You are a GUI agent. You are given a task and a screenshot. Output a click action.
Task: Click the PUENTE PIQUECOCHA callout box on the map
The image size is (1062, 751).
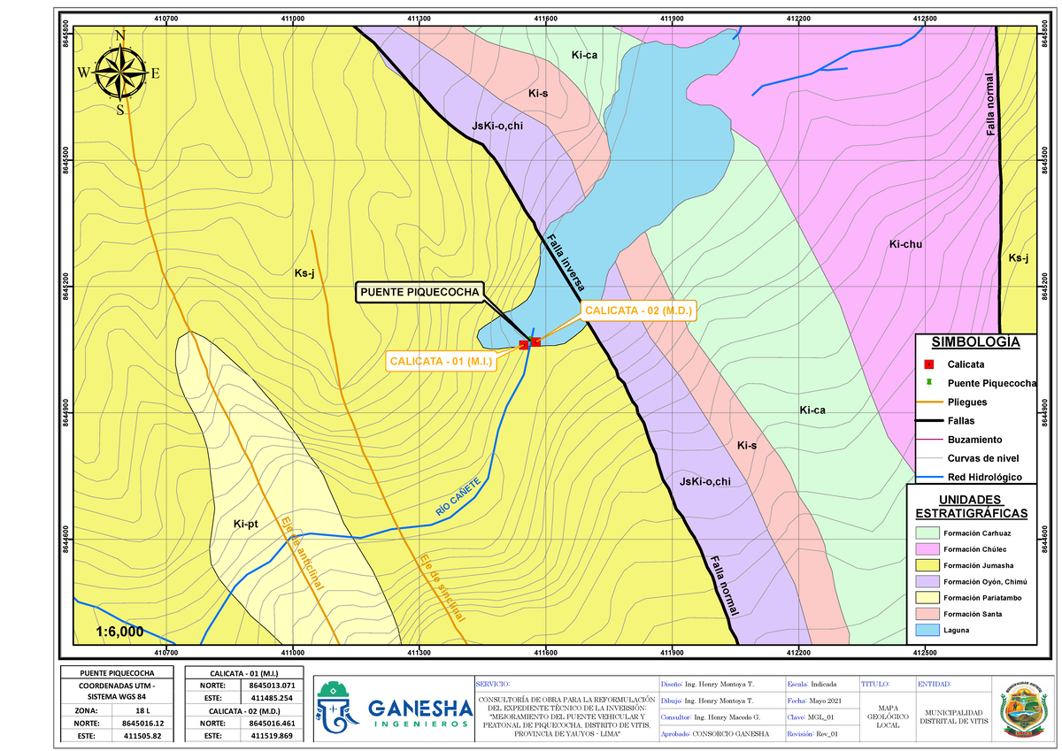click(419, 292)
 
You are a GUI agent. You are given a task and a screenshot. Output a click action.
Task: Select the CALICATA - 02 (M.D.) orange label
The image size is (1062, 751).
click(637, 310)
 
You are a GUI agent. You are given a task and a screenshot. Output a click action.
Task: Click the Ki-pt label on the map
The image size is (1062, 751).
click(245, 525)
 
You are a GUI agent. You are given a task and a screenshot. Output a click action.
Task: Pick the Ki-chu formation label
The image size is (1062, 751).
click(905, 244)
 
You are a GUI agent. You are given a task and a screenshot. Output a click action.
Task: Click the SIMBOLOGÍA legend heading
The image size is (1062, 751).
click(974, 342)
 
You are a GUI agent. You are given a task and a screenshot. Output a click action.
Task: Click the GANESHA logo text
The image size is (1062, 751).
click(419, 709)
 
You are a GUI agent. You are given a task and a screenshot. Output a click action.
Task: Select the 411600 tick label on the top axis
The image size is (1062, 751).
click(545, 18)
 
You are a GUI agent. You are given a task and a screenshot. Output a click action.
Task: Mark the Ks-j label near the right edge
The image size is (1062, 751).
click(1019, 257)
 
